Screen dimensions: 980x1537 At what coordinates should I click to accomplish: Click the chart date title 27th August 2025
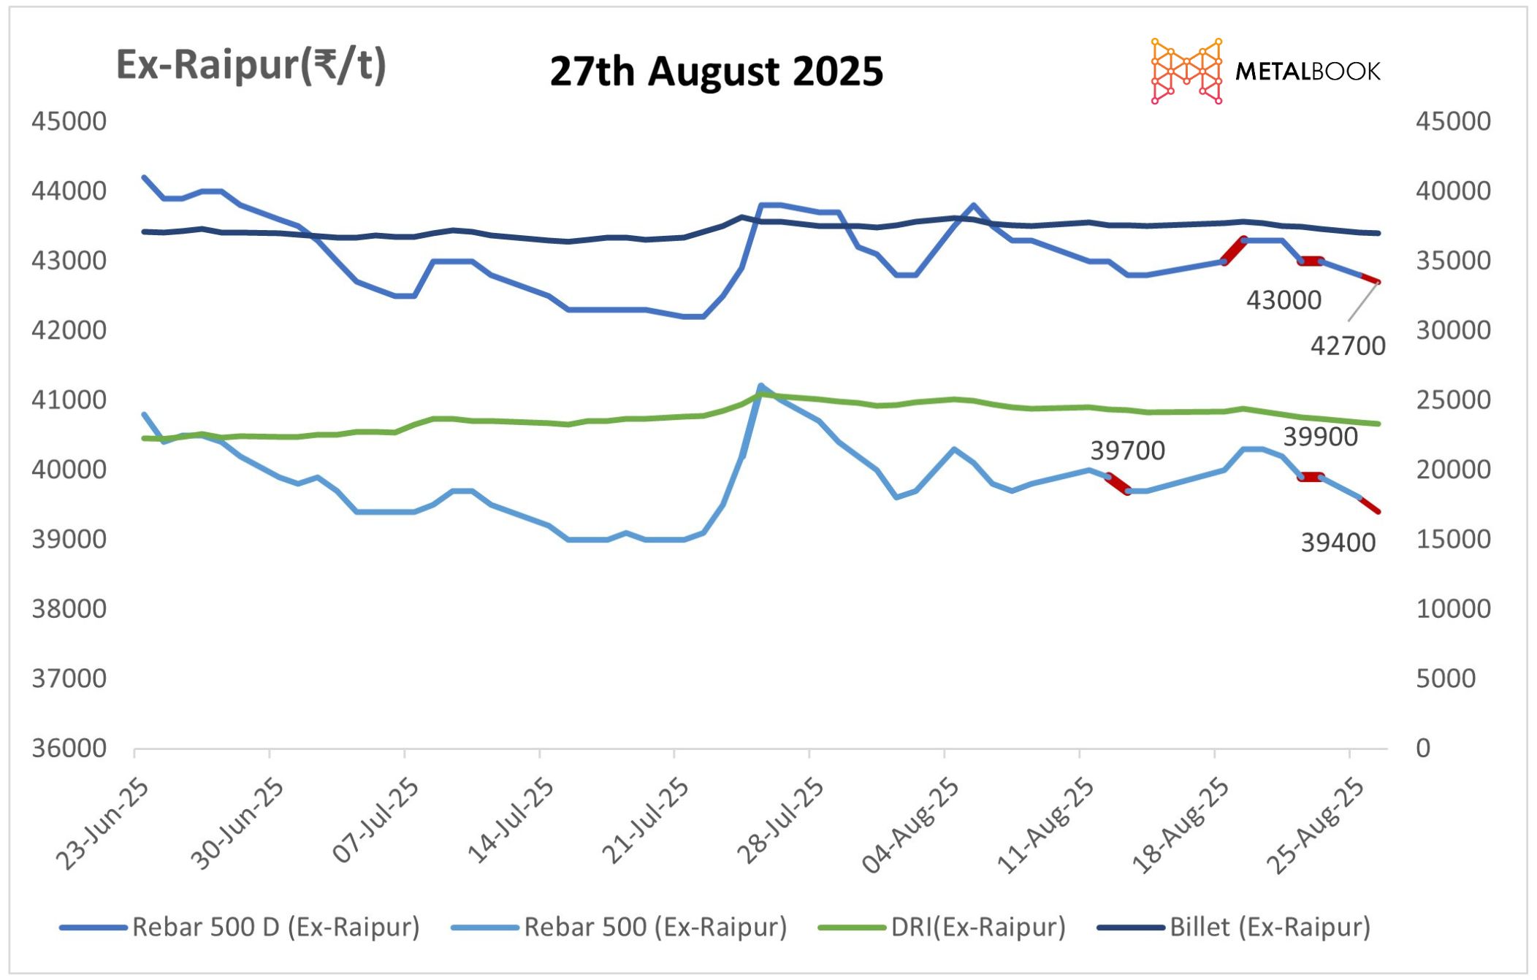click(716, 72)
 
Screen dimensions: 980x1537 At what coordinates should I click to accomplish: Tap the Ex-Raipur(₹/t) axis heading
click(251, 66)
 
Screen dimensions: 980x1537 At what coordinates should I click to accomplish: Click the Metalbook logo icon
click(1186, 71)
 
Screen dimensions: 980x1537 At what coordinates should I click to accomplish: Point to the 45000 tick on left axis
click(69, 121)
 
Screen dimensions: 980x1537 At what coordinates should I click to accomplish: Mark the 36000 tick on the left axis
click(69, 748)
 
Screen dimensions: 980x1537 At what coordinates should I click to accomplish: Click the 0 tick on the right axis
click(1423, 748)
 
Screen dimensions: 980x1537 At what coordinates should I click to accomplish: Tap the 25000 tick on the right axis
click(1453, 399)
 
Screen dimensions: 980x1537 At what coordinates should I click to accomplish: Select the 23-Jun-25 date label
click(103, 824)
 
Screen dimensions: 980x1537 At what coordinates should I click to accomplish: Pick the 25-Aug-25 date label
click(1314, 825)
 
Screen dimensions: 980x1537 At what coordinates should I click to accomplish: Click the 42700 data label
click(1347, 345)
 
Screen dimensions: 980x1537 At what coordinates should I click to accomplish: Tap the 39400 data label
click(1338, 543)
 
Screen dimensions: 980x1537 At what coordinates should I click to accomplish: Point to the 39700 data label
click(1127, 451)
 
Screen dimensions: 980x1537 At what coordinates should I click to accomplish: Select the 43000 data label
click(1284, 300)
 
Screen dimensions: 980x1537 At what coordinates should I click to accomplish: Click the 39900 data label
click(1320, 437)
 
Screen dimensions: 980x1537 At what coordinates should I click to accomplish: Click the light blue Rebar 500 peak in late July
click(760, 386)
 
